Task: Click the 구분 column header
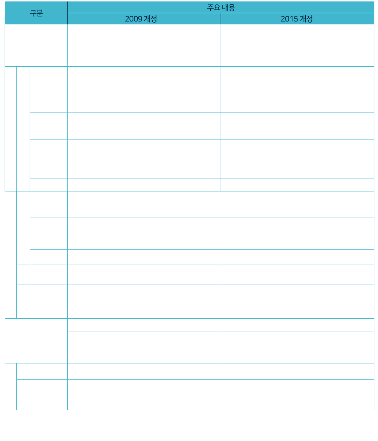coord(36,13)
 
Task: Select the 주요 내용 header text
coord(221,8)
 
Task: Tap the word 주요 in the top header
coord(213,8)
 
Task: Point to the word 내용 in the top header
coord(228,8)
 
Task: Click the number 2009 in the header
coord(134,19)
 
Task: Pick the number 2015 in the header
coord(289,19)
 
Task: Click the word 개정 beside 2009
coord(150,19)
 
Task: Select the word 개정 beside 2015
coord(306,19)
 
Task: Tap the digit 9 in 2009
coord(140,19)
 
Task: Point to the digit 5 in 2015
coord(296,19)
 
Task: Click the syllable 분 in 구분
coord(40,13)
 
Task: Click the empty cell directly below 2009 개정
coord(144,45)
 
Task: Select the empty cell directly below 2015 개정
coord(298,45)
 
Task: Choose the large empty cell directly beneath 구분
coord(36,45)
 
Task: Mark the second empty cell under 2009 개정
coord(144,76)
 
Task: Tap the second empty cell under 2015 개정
coord(298,76)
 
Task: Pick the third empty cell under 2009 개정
coord(144,99)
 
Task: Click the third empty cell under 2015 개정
coord(298,99)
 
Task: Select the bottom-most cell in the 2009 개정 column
coord(144,394)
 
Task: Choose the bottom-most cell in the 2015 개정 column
coord(298,394)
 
